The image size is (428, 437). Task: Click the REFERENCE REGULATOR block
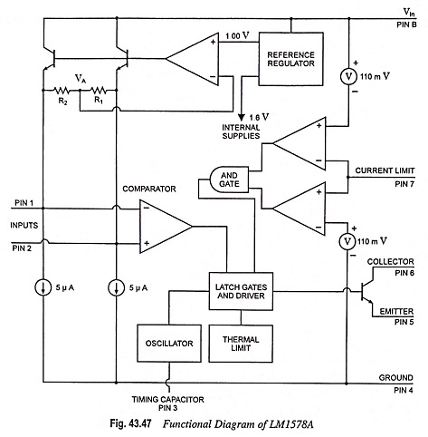[x=291, y=59]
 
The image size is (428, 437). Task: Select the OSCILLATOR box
[x=169, y=344]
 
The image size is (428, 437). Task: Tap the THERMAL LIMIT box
[x=241, y=344]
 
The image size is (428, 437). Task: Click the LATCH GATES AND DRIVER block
[x=241, y=291]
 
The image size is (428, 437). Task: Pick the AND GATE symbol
[x=229, y=180]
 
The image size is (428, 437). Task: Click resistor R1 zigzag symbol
[x=99, y=90]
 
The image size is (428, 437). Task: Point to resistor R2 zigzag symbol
[x=62, y=90]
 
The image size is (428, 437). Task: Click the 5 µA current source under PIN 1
[x=43, y=287]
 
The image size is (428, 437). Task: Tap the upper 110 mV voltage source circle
[x=348, y=76]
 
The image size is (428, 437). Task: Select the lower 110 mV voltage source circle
[x=347, y=241]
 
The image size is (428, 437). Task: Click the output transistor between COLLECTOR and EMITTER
[x=366, y=292]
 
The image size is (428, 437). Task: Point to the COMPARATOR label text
[x=149, y=189]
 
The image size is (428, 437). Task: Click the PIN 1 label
[x=24, y=203]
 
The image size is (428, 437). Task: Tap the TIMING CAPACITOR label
[x=167, y=400]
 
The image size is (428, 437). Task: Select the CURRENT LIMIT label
[x=385, y=170]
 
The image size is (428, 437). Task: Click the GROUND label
[x=395, y=378]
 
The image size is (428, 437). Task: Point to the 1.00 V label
[x=238, y=36]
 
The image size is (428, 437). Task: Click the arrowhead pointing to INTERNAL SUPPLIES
[x=241, y=117]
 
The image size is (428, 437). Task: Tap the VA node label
[x=81, y=79]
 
